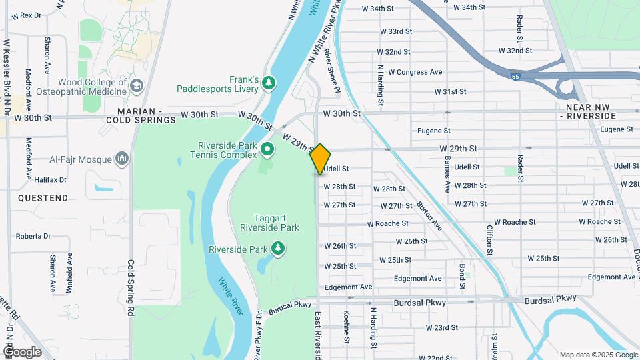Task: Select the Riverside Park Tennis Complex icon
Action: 267,149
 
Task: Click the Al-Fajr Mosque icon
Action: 121,159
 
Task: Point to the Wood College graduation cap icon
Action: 137,86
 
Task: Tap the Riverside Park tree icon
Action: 277,249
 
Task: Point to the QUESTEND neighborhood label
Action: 43,198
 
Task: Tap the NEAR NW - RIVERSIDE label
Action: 591,111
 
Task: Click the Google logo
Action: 23,352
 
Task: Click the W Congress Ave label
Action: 415,72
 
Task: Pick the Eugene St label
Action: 434,131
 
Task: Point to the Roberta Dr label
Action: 33,236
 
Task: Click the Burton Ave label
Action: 429,216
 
